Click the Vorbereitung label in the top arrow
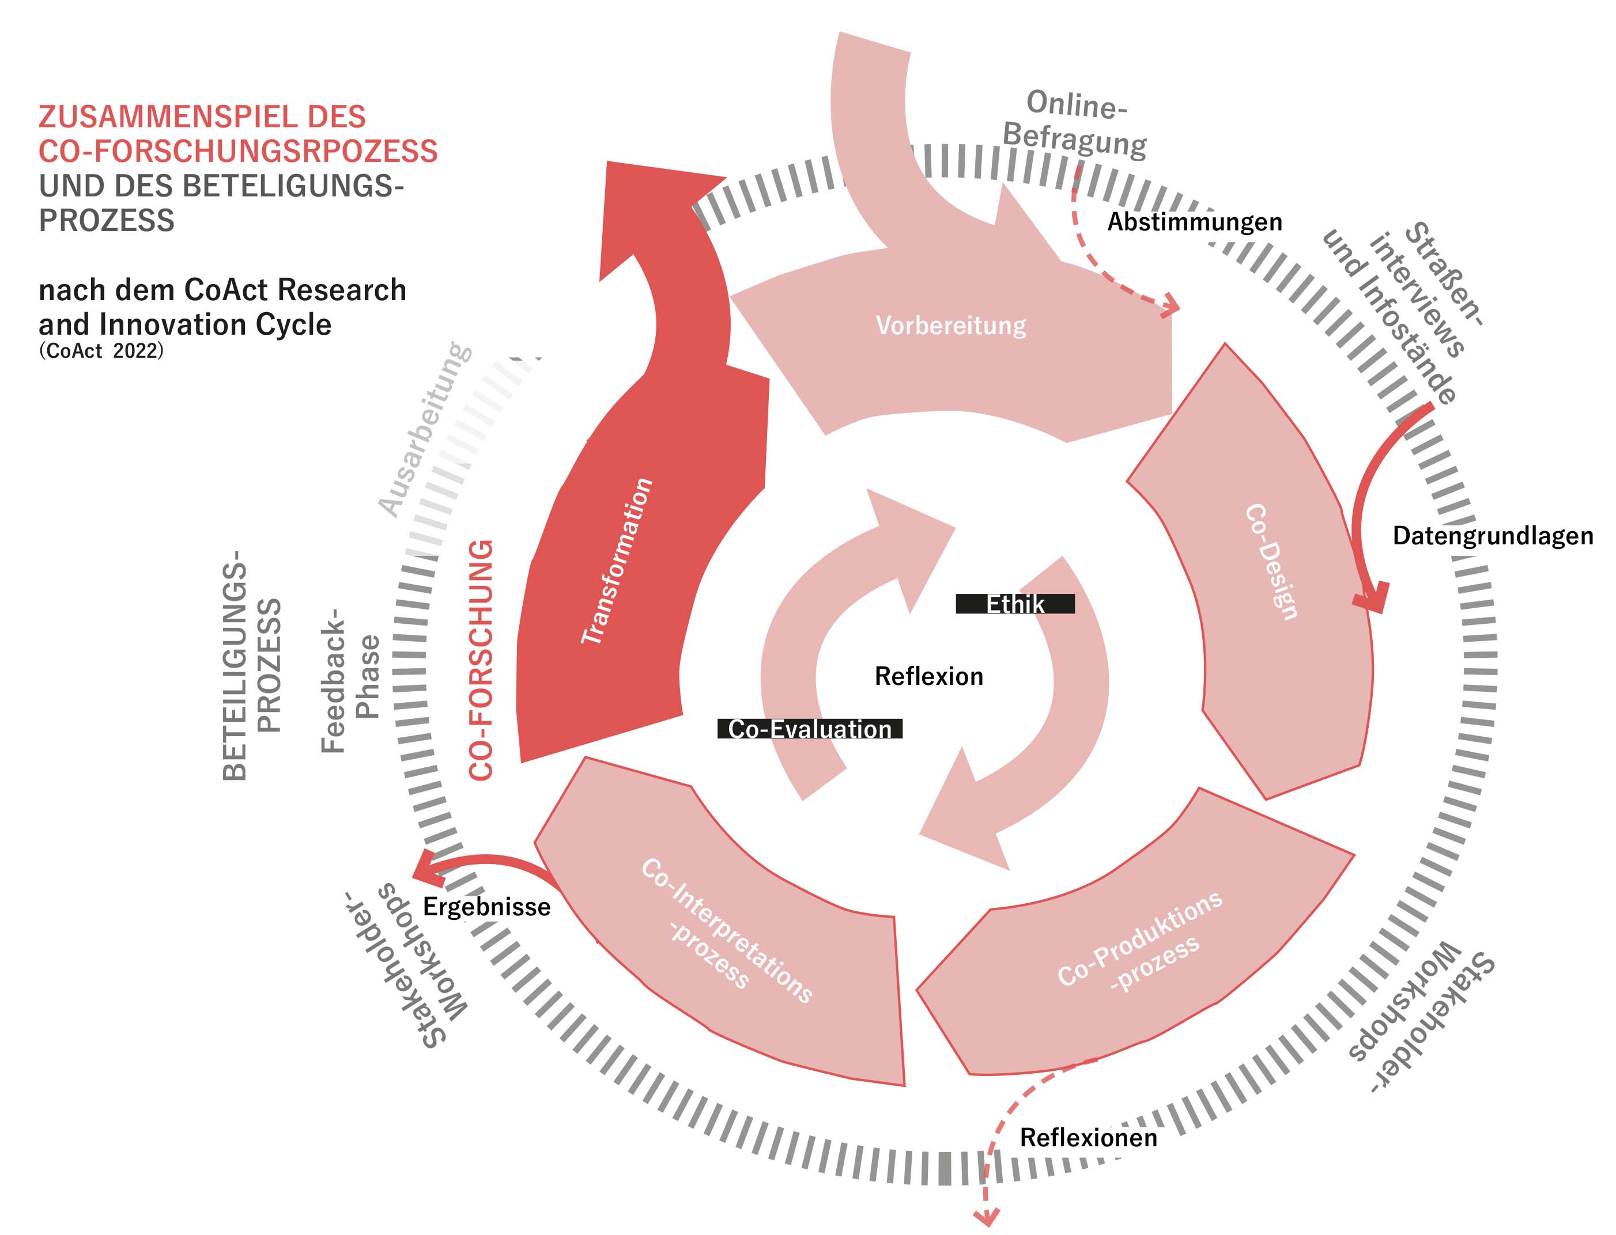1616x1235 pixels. (x=950, y=325)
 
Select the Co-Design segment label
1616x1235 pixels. (x=1271, y=562)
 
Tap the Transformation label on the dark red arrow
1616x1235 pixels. (x=617, y=562)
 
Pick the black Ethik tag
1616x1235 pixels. (x=1014, y=604)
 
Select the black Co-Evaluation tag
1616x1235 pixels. (x=809, y=729)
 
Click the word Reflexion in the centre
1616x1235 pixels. (x=928, y=676)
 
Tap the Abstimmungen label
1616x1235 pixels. (x=1195, y=222)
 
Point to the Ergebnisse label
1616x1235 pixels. (x=486, y=907)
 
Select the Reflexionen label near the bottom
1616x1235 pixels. (x=1088, y=1138)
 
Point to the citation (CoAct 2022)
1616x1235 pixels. (x=101, y=351)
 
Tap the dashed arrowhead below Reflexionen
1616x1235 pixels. (x=986, y=1217)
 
